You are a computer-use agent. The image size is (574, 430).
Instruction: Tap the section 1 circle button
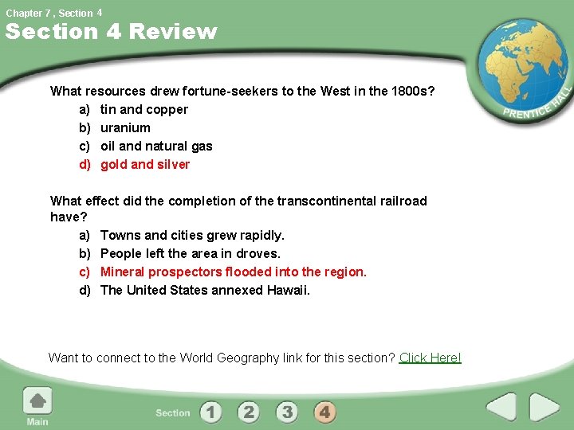210,412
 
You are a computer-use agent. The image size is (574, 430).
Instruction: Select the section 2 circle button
249,412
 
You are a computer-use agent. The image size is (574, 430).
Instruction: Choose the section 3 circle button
287,412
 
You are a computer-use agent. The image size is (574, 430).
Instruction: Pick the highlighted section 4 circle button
324,412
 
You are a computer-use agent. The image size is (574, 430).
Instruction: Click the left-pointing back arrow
501,407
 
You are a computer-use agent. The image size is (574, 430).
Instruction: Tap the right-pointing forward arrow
545,407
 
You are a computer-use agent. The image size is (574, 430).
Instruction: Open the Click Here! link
430,358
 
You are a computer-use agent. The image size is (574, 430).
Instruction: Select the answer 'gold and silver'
145,164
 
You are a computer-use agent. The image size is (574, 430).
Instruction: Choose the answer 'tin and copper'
144,109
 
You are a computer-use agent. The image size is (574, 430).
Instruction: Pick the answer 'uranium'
125,127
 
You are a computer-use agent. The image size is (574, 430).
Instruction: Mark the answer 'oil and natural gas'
156,146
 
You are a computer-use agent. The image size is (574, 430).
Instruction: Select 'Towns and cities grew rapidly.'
192,235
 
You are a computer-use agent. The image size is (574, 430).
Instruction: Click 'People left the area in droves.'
191,253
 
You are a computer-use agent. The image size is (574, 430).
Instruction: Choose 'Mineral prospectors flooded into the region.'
234,272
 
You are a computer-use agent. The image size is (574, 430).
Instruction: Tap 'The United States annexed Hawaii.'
205,290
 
